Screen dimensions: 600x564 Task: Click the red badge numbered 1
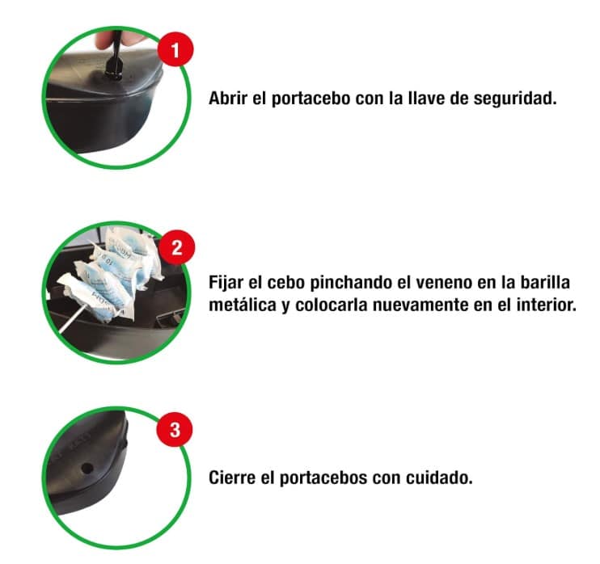tap(175, 50)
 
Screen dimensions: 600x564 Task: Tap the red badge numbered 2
tap(177, 248)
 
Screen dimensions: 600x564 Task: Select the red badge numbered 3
tap(175, 429)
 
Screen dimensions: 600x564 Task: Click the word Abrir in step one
tap(228, 98)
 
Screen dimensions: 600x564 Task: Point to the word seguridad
tap(515, 99)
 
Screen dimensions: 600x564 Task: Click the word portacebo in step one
tap(311, 99)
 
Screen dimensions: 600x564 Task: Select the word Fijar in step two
tap(226, 283)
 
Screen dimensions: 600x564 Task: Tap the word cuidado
tap(439, 478)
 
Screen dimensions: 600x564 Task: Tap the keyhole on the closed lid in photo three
tap(87, 468)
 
